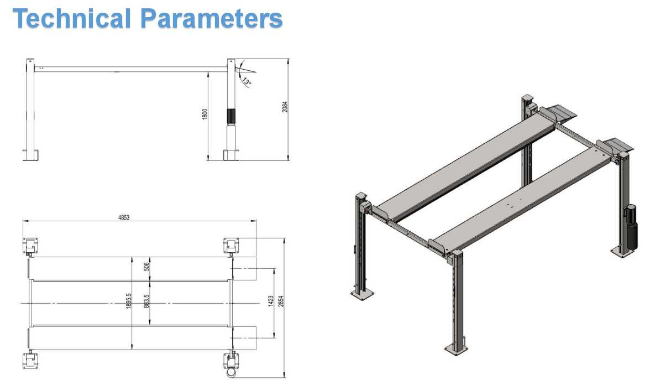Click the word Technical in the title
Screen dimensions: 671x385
tap(72, 18)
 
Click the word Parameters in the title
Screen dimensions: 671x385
tap(212, 18)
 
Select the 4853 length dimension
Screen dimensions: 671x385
tap(124, 217)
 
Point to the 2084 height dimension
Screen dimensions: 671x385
tap(285, 107)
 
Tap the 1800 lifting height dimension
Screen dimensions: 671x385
tap(205, 115)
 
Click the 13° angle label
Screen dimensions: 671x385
tap(247, 81)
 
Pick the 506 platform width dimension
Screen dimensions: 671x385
tap(146, 267)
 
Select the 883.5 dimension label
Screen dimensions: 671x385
tap(146, 301)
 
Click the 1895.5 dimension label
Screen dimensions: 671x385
tap(129, 301)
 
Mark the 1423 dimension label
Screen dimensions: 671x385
tap(271, 301)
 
